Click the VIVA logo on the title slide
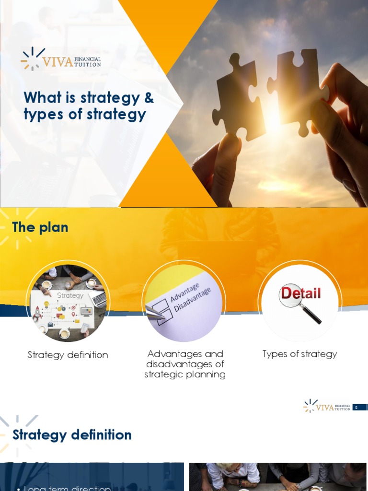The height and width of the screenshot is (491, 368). point(60,59)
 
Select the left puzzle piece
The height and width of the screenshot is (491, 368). point(238,98)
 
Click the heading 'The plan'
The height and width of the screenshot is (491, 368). point(40,227)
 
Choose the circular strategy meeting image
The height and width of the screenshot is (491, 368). point(68,302)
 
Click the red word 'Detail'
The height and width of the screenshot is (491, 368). point(300,293)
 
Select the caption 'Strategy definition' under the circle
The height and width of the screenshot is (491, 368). point(68,355)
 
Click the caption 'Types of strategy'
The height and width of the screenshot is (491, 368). point(300,354)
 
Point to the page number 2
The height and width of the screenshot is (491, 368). point(356,408)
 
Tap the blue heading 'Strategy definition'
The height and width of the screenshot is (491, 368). point(72,435)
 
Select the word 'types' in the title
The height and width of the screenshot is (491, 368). point(41,115)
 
